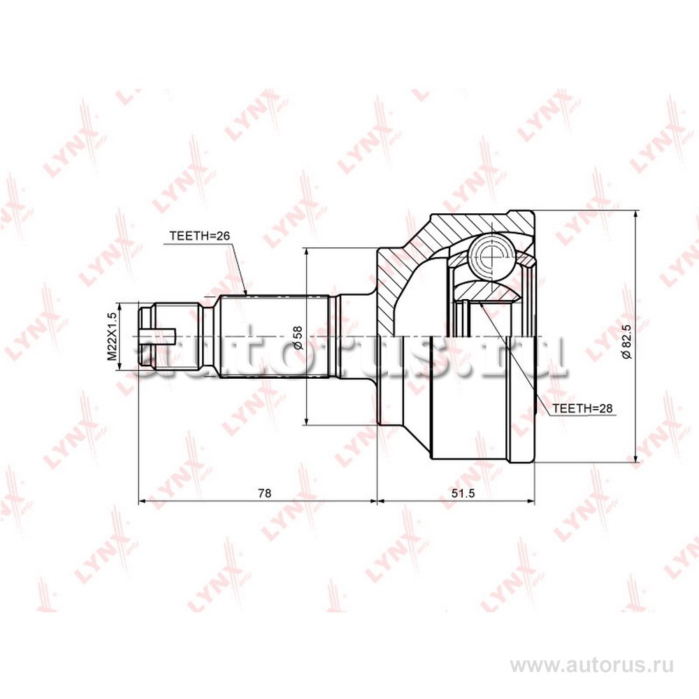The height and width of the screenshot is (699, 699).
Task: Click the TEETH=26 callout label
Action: click(200, 236)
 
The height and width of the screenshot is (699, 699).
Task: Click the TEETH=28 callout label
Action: click(583, 408)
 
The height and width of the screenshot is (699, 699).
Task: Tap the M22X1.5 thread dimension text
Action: click(113, 337)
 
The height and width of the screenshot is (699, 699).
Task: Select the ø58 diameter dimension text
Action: click(298, 338)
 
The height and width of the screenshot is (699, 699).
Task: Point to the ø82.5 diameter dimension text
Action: click(627, 342)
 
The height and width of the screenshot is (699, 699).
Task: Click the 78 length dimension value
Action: click(264, 493)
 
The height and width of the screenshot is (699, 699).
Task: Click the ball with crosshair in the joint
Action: click(491, 256)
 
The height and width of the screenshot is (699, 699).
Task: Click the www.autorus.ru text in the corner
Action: click(592, 666)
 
